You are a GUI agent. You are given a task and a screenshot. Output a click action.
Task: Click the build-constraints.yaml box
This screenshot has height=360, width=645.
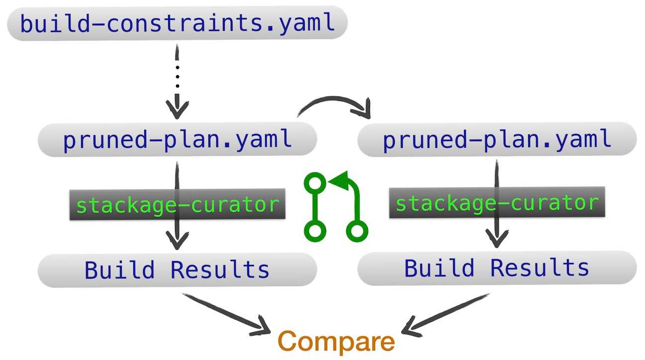coord(178,23)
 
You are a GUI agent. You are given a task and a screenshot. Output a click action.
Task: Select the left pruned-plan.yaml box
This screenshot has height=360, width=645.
coord(178,139)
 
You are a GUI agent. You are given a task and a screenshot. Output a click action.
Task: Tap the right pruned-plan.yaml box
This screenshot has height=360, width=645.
coord(497,139)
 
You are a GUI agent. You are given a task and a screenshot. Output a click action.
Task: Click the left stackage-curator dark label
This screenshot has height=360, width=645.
coord(178,204)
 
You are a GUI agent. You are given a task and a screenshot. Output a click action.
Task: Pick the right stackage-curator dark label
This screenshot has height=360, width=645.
coord(497,202)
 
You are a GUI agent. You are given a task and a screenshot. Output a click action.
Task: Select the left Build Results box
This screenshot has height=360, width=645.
coord(178,270)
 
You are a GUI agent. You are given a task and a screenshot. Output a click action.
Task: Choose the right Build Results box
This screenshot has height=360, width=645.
coord(497,268)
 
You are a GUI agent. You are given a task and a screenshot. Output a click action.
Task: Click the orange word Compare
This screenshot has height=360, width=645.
coord(336,342)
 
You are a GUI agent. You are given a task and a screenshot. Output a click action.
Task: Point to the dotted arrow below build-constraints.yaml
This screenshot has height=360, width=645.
coord(177,82)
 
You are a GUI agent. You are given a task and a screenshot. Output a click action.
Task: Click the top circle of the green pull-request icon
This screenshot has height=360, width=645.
coord(315,183)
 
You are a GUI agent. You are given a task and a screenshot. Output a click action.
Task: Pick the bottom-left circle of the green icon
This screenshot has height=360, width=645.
coord(315,231)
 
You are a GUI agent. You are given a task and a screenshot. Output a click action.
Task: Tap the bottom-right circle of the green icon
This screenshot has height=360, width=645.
coord(357,231)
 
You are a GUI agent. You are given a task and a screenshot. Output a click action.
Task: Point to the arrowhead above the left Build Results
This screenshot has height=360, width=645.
coord(177,240)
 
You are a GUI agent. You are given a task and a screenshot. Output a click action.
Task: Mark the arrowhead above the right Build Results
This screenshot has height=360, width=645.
coord(497,238)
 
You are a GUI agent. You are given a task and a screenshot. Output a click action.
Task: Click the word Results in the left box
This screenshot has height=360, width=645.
coord(220,270)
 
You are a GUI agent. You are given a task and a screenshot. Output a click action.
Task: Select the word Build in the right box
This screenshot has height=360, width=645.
coord(440,268)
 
